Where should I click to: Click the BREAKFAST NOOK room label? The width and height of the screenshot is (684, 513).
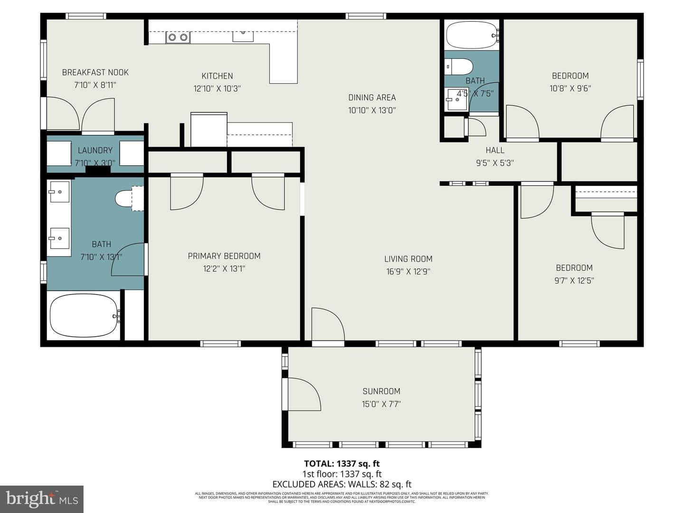[95, 73]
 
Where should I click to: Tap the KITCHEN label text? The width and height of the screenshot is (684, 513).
[217, 76]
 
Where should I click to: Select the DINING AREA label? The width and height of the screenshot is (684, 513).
[372, 98]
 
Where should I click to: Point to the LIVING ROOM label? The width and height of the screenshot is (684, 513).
[408, 259]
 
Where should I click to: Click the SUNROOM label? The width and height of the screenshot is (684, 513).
[381, 391]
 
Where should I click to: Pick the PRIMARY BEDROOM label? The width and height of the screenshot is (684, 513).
[224, 256]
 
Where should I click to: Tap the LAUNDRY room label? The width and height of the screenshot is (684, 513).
[95, 151]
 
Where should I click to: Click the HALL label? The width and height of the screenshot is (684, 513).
[494, 151]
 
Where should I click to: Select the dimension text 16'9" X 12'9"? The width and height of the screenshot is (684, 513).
[408, 272]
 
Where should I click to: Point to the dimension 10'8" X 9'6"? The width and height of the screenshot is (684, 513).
[570, 88]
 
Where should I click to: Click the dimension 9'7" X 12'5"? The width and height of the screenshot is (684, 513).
[574, 280]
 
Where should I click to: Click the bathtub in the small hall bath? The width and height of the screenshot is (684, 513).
[472, 35]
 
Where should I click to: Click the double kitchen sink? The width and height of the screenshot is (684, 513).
[178, 37]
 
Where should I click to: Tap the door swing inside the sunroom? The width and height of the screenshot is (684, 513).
[304, 394]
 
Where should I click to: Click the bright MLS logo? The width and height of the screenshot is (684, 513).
[42, 499]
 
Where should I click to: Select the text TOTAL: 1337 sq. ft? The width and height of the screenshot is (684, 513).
[342, 464]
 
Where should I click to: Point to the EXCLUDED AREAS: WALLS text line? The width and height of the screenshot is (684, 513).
[342, 484]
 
